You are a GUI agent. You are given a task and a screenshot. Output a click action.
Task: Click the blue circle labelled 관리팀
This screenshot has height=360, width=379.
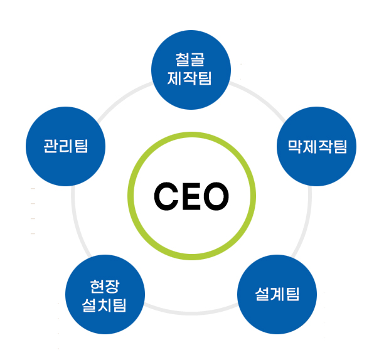click(65, 147)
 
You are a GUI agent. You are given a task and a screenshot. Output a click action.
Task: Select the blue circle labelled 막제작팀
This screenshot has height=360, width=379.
click(317, 147)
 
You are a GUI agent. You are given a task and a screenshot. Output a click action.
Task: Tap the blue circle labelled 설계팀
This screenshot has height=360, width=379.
click(277, 294)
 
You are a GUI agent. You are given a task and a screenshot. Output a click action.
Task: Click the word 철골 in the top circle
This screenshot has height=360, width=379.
click(191, 61)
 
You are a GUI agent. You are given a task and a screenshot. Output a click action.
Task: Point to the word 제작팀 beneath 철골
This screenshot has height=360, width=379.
click(191, 78)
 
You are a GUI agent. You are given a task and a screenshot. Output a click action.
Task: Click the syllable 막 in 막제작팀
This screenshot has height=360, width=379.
click(294, 147)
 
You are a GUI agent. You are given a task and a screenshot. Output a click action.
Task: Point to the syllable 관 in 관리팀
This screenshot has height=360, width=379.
click(50, 147)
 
